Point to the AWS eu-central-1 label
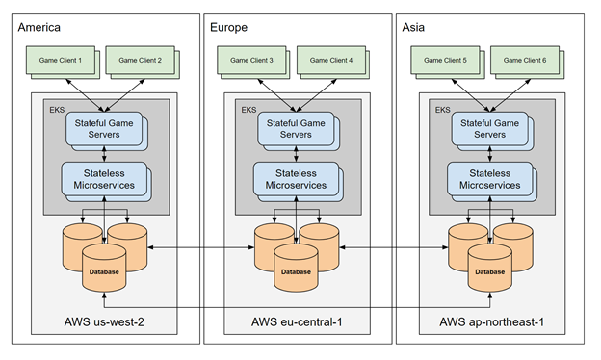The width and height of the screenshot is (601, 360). [296, 320]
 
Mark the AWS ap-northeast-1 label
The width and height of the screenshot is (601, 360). [488, 320]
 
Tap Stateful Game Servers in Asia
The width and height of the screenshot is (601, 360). [488, 129]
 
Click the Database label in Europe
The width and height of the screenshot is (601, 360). [296, 271]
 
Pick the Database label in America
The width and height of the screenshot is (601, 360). [103, 271]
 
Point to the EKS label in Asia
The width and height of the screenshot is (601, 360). [442, 110]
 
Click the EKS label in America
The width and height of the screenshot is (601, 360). [57, 110]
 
